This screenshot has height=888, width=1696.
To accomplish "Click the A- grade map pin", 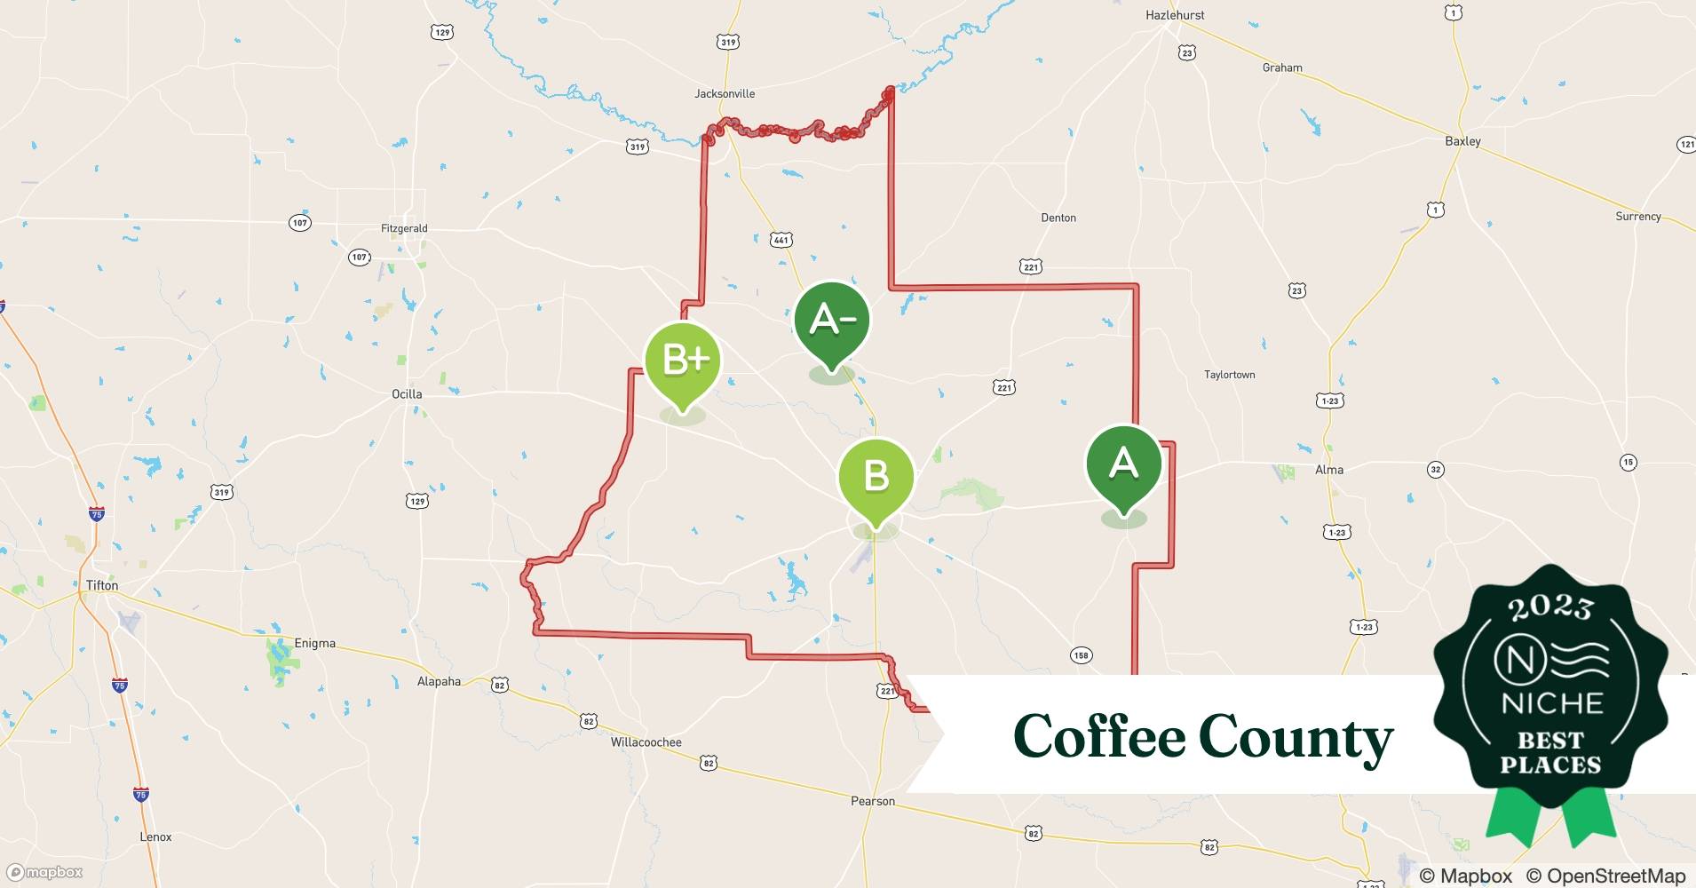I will pyautogui.click(x=832, y=321).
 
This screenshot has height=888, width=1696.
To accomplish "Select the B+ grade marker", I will pyautogui.click(x=682, y=361).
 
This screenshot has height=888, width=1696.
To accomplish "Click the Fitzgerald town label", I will pyautogui.click(x=404, y=228).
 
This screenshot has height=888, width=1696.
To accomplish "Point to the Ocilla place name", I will pyautogui.click(x=407, y=393).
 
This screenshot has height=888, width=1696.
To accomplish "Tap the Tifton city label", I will pyautogui.click(x=102, y=585).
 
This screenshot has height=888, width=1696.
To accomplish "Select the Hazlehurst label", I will pyautogui.click(x=1175, y=15).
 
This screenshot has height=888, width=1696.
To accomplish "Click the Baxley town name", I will pyautogui.click(x=1462, y=141).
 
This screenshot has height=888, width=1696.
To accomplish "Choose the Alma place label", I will pyautogui.click(x=1328, y=470).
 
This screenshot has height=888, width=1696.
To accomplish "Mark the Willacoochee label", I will pyautogui.click(x=646, y=742).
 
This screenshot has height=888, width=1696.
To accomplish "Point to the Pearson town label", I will pyautogui.click(x=873, y=801).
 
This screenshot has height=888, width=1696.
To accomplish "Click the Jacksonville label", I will pyautogui.click(x=725, y=93).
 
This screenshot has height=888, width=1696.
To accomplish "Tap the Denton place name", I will pyautogui.click(x=1058, y=218).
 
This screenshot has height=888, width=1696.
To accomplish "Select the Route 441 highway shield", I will pyautogui.click(x=781, y=240).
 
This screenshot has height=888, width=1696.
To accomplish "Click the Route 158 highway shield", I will pyautogui.click(x=1080, y=655).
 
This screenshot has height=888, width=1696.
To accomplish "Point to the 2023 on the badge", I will pyautogui.click(x=1550, y=607).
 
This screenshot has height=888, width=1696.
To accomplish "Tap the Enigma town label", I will pyautogui.click(x=314, y=643).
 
